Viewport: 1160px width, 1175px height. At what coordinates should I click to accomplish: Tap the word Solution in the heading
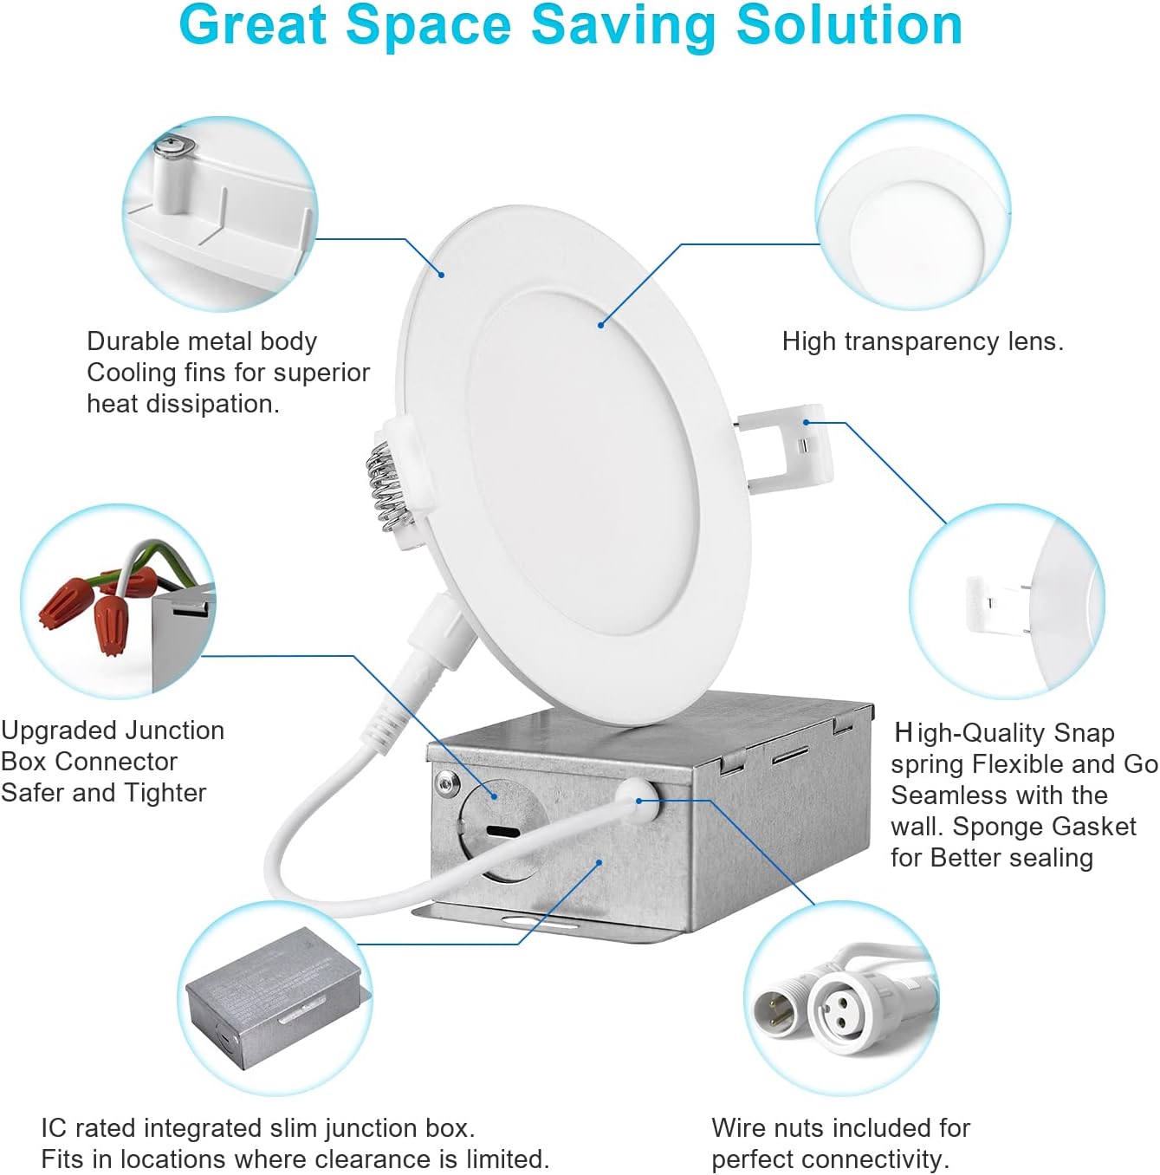point(850,25)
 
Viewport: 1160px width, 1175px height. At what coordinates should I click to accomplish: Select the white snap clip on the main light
point(787,448)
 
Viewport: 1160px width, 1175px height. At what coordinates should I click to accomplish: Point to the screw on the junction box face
point(446,779)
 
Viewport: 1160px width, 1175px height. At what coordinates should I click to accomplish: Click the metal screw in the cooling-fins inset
point(174,147)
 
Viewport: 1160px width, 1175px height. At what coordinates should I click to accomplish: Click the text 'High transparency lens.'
point(923,341)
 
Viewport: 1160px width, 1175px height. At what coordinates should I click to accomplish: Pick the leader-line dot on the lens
point(600,325)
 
